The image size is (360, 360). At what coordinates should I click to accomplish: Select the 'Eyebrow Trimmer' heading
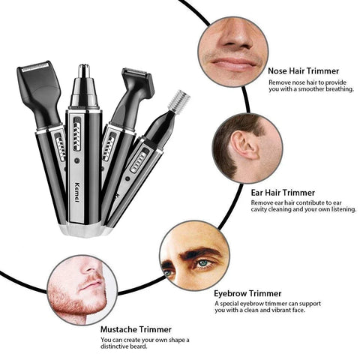[x=247, y=293]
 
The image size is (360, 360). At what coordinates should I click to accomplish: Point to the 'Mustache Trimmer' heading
[x=136, y=328]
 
